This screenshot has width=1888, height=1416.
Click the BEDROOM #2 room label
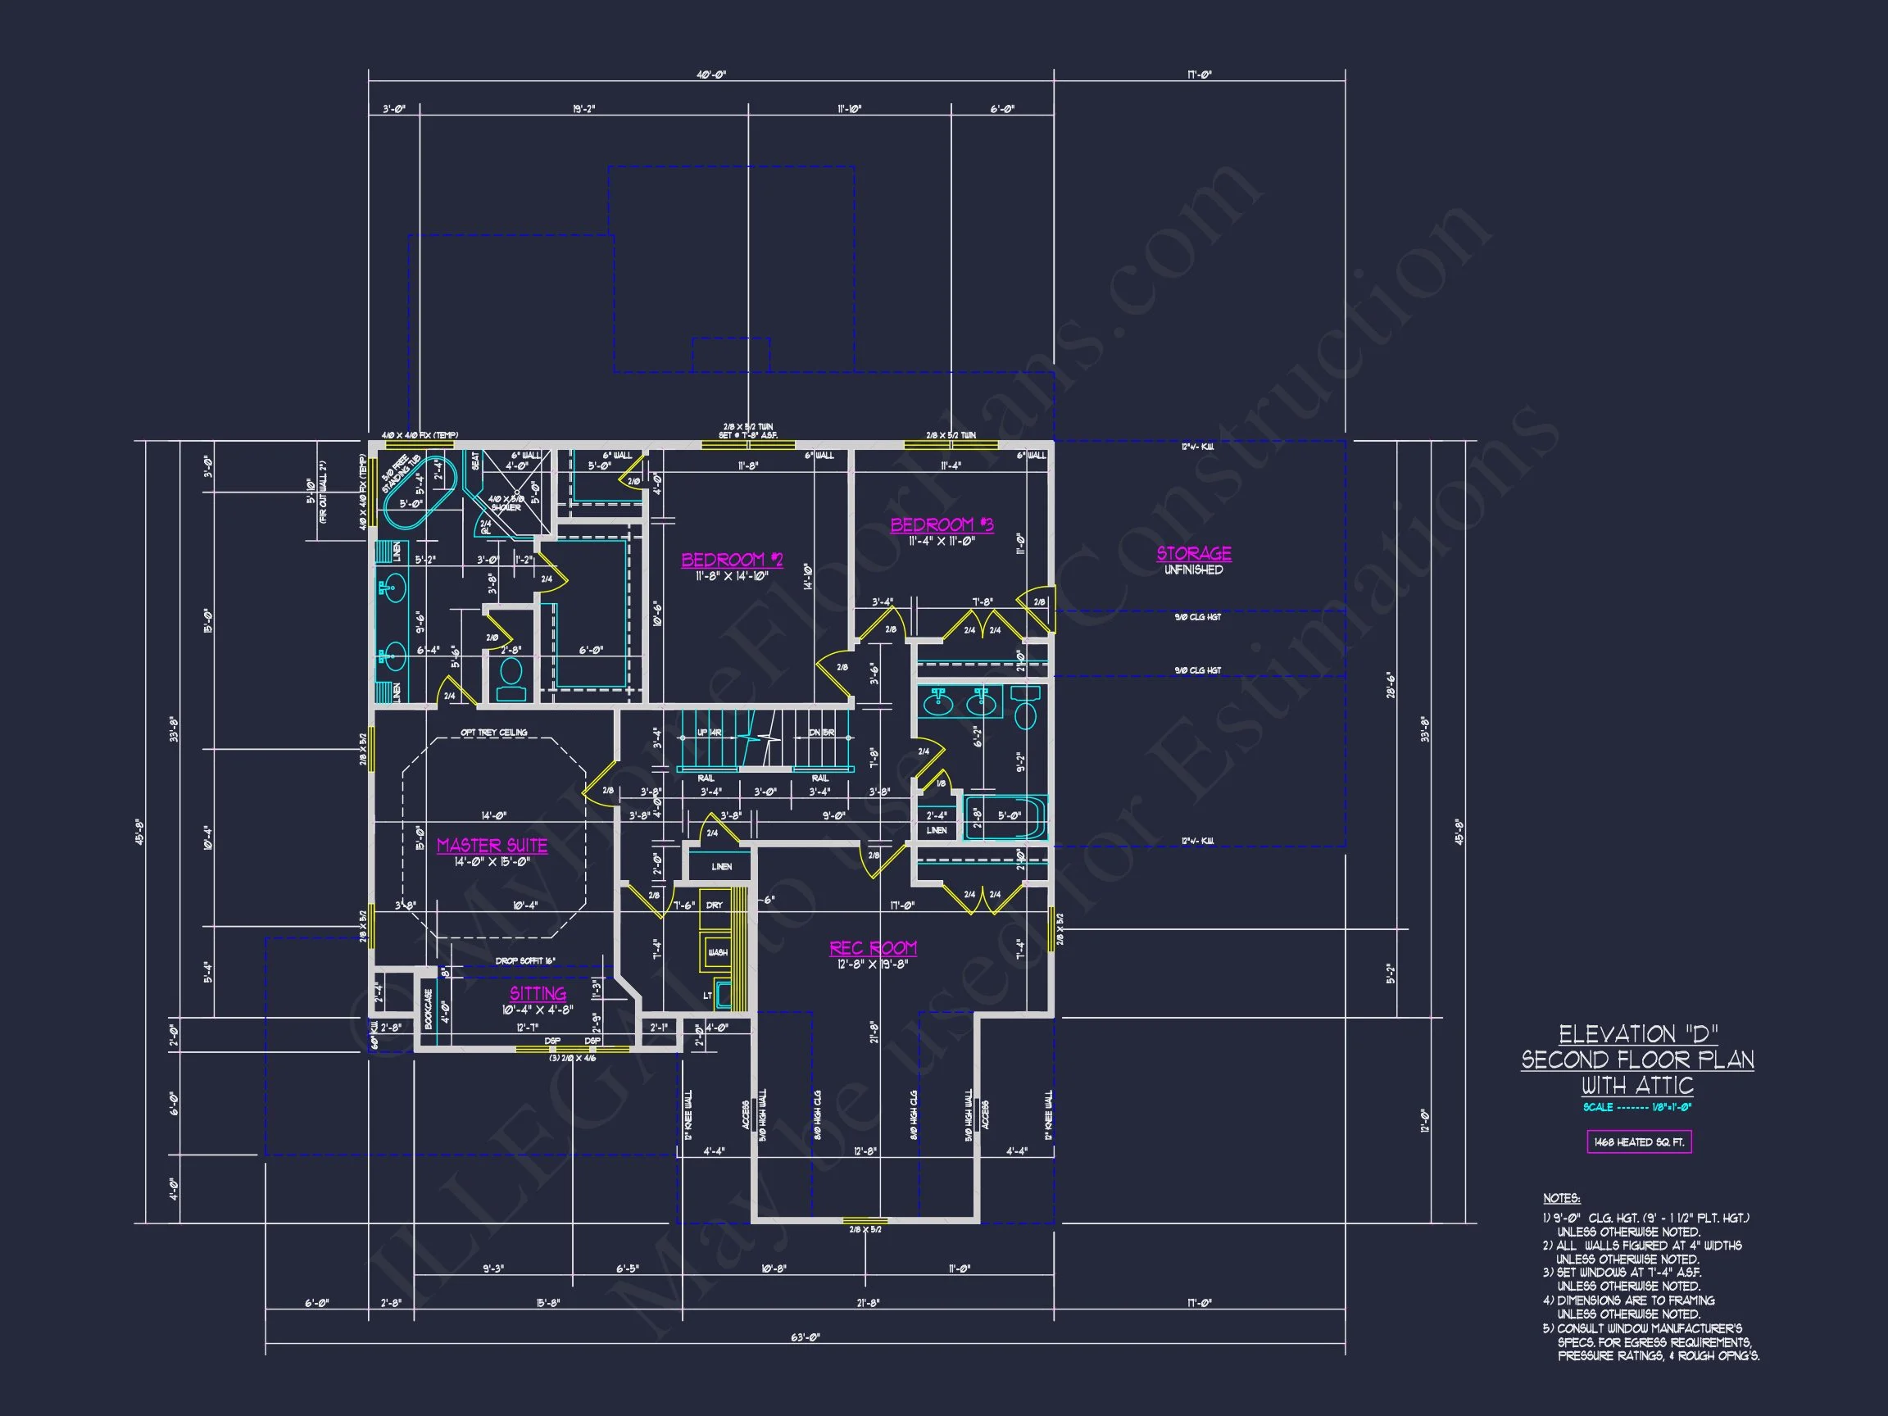coord(732,560)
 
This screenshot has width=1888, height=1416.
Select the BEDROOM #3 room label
coord(942,525)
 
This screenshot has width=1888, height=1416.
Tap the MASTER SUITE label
coord(492,845)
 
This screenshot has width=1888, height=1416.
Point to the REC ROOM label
coord(873,948)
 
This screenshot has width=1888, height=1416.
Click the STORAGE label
coord(1193,554)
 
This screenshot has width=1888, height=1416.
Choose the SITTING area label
coord(538,993)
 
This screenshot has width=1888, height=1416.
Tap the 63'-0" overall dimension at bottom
coord(804,1337)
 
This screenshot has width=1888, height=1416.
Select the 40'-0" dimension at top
coord(711,75)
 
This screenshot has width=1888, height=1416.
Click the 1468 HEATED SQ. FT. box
coord(1638,1142)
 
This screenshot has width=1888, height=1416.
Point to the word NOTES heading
coord(1561,1198)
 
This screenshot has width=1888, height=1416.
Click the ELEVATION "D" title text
coord(1638,1034)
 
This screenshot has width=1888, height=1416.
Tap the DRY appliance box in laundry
coord(715,905)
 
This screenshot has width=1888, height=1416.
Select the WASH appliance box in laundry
coord(717,951)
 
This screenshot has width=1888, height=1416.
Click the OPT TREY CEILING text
coord(493,733)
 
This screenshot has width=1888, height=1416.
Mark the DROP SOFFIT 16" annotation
coord(525,961)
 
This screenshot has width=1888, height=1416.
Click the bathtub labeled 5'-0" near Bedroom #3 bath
coord(1005,818)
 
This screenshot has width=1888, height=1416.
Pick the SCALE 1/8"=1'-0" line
coord(1636,1107)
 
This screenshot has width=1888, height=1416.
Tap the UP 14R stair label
coord(710,733)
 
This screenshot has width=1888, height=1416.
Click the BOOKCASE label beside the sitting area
coord(429,1008)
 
